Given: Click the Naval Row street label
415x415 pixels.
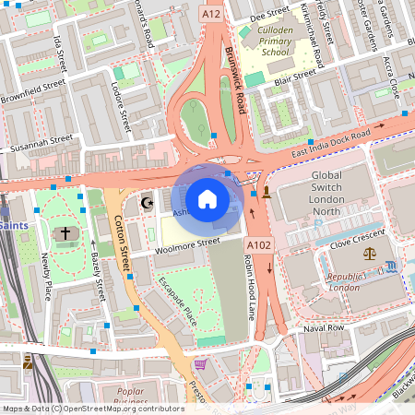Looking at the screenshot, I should click(x=324, y=327).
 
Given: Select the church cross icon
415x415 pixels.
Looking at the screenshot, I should click(x=63, y=234).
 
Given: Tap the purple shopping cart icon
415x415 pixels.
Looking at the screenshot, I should click(x=201, y=363).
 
